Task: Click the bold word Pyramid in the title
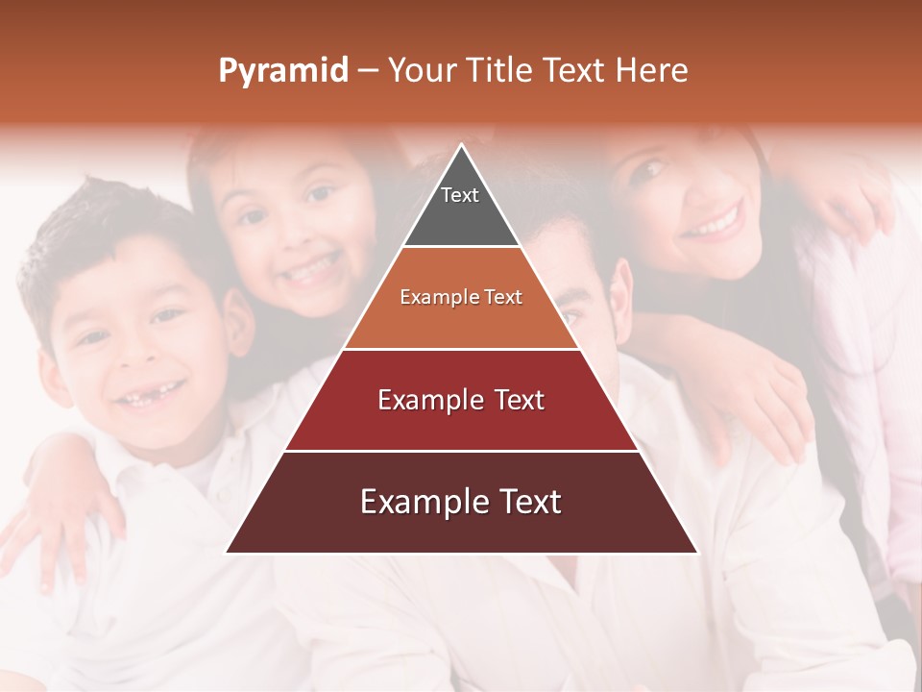[282, 71]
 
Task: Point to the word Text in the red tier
[513, 400]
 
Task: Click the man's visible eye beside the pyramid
[570, 317]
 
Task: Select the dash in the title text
[368, 71]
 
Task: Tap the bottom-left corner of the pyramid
[227, 552]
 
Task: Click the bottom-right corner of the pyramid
[696, 552]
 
